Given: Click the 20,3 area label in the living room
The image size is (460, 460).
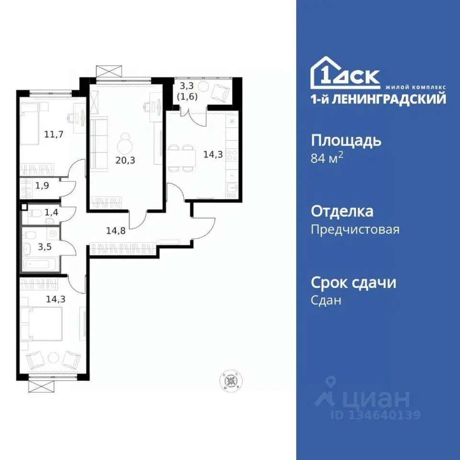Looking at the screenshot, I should coord(125,161).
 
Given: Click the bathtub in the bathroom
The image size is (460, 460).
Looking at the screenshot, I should coord(41,264).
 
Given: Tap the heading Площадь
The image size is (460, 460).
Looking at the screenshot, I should coord(346,141).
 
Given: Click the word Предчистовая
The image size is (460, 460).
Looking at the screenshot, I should coord(355,230).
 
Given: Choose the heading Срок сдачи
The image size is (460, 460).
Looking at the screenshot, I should coord(354,283).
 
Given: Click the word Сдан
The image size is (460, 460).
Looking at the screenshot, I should coord(326,300).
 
